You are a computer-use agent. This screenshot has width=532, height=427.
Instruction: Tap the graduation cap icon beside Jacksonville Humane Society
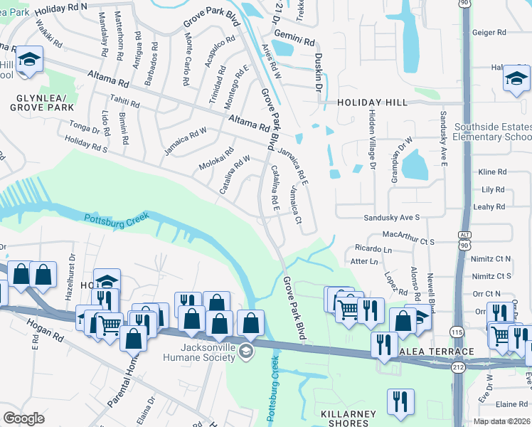pos(245,350)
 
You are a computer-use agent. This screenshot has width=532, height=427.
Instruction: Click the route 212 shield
pos(457,367)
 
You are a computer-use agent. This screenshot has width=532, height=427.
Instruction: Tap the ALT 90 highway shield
pos(464,240)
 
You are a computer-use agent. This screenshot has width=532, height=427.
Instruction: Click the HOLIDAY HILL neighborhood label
pos(372,102)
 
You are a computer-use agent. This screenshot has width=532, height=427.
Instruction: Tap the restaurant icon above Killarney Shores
pos(400,401)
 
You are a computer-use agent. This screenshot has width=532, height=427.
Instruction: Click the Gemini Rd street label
pos(297,43)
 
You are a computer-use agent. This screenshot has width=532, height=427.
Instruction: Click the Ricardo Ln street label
pos(373,249)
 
